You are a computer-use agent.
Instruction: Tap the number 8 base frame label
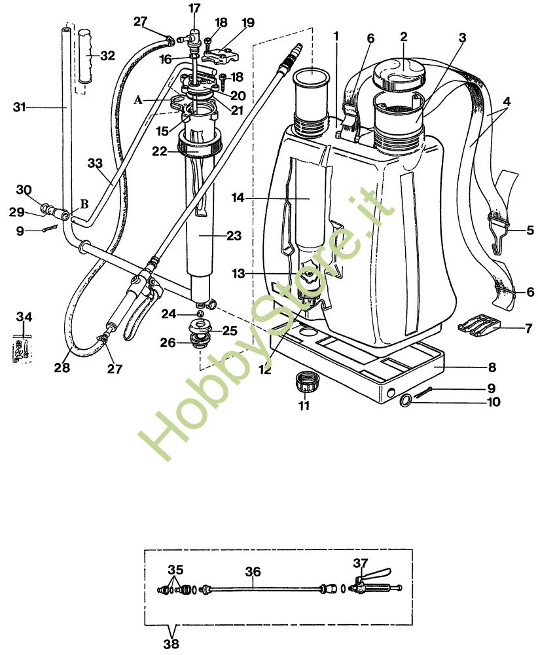click(x=492, y=367)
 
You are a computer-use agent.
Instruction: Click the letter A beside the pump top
click(x=138, y=100)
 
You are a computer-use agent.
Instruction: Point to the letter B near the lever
click(x=84, y=204)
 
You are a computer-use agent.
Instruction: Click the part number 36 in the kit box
click(x=253, y=572)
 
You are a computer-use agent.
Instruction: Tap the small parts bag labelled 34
click(x=22, y=346)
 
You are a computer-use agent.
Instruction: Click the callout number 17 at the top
click(x=195, y=9)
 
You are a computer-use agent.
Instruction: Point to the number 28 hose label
click(x=62, y=368)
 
